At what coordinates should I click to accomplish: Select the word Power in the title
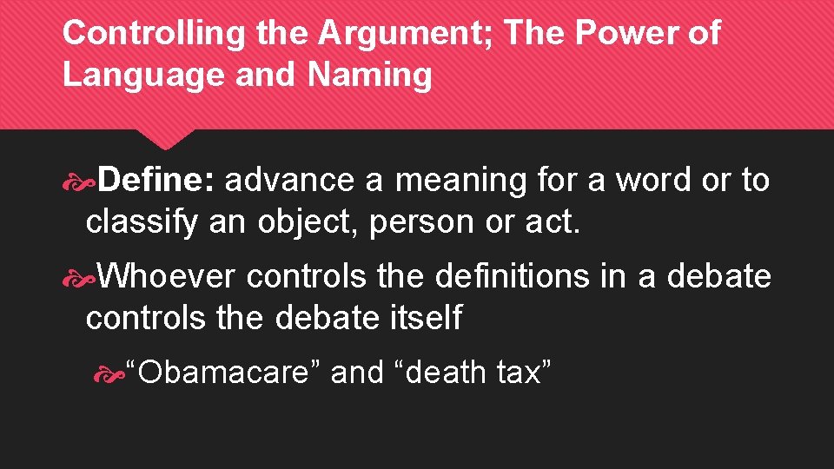(625, 34)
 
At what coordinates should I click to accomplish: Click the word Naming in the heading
(368, 75)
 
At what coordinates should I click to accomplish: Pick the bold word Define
(161, 180)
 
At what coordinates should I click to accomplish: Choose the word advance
(290, 180)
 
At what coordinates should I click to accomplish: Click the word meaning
(460, 180)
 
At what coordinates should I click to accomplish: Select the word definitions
(512, 276)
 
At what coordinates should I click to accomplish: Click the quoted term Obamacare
(224, 372)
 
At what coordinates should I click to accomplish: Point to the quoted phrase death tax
(473, 372)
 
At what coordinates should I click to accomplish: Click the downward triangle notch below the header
(167, 139)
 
